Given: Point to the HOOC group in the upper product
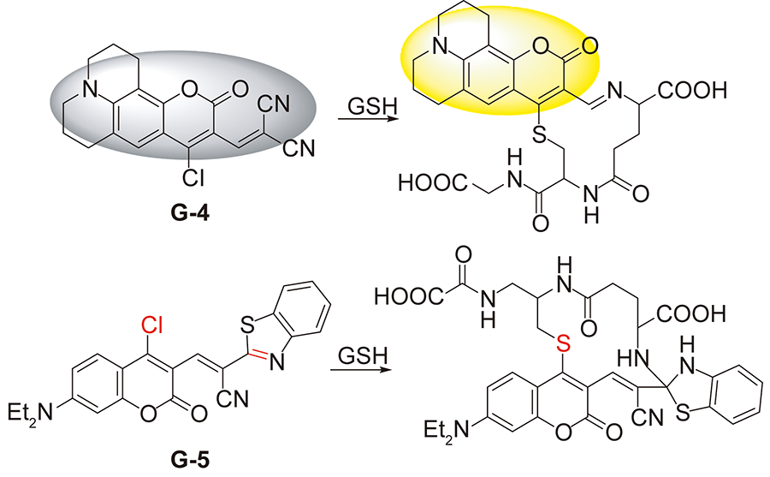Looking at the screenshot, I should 421,182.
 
